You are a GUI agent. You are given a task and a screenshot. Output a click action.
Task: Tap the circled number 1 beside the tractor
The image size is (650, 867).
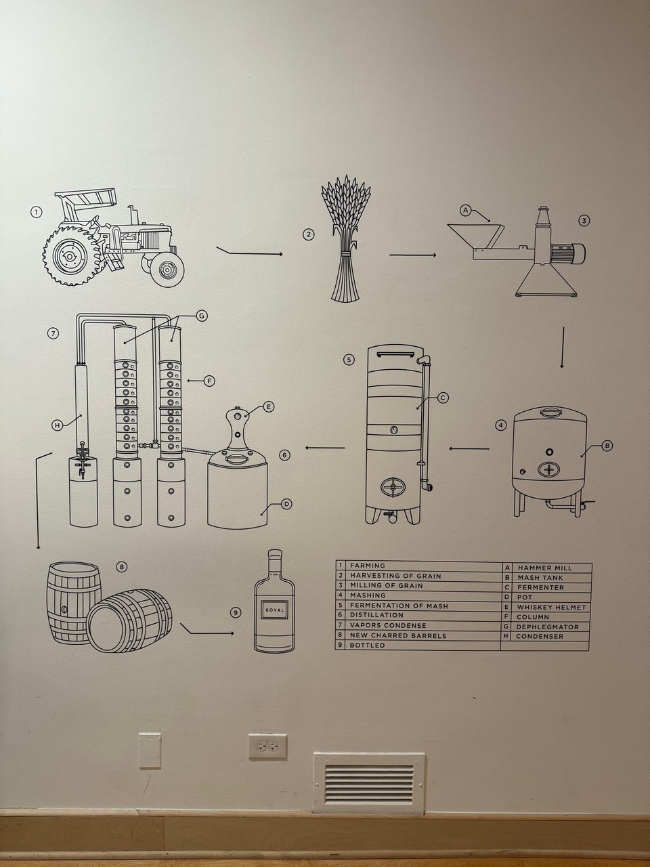[37, 212]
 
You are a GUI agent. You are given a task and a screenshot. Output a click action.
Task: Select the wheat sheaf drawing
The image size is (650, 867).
[345, 238]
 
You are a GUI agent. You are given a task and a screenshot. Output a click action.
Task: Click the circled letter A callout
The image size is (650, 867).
[466, 210]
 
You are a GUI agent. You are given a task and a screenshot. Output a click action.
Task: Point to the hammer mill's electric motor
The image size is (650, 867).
[567, 253]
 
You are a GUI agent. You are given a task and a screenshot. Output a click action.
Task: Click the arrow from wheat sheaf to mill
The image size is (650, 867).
[413, 255]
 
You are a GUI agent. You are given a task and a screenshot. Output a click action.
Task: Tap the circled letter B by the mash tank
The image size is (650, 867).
[607, 446]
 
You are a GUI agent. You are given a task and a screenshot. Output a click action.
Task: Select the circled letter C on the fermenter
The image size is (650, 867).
[443, 398]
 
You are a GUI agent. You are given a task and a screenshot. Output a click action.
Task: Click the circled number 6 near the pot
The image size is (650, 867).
[284, 455]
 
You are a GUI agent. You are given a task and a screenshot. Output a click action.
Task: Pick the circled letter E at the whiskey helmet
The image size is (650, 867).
[268, 407]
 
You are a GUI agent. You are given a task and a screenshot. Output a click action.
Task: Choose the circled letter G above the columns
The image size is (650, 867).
[201, 316]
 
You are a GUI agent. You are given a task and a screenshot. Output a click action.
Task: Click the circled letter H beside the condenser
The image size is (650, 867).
[58, 425]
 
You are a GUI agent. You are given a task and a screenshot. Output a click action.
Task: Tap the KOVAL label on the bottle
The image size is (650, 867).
[275, 610]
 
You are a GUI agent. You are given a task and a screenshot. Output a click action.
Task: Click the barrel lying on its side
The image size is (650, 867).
[130, 620]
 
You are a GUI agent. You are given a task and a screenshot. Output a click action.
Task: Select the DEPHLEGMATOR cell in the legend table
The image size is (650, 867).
[546, 627]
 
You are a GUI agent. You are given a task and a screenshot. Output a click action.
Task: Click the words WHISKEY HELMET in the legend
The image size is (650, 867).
[552, 608]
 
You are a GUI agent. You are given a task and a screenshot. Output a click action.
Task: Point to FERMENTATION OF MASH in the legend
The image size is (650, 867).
[399, 606]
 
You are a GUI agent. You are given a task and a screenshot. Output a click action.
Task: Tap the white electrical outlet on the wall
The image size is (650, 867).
[267, 747]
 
